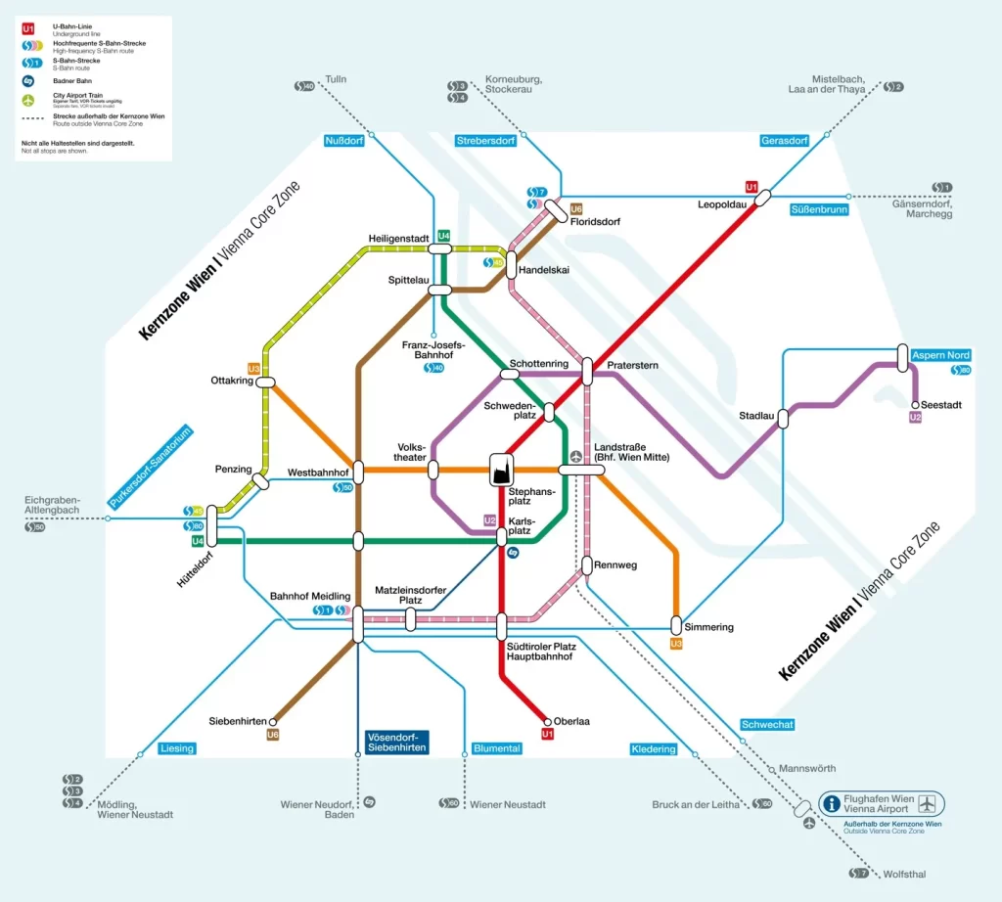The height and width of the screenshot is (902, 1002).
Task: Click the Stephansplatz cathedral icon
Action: click(502, 470)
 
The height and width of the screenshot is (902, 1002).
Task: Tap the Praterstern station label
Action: click(632, 366)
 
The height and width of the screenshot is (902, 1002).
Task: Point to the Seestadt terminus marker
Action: click(915, 404)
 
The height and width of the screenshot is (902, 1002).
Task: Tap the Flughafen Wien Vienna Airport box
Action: click(881, 804)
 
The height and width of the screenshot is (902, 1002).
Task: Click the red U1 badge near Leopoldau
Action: click(751, 186)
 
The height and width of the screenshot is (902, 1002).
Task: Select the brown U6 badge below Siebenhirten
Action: click(273, 735)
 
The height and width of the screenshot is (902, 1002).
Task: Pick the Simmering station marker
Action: click(676, 625)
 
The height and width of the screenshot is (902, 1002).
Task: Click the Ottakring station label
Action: click(231, 380)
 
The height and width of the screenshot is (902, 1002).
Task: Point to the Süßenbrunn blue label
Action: click(820, 209)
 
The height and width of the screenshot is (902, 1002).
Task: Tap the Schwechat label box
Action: click(767, 725)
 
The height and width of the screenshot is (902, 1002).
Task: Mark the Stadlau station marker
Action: click(783, 418)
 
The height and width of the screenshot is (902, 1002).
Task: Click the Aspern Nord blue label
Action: click(941, 355)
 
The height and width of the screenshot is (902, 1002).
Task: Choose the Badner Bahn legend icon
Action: click(28, 79)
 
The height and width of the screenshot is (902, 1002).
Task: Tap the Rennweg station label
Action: click(616, 564)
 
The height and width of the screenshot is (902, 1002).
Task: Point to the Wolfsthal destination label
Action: click(904, 874)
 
